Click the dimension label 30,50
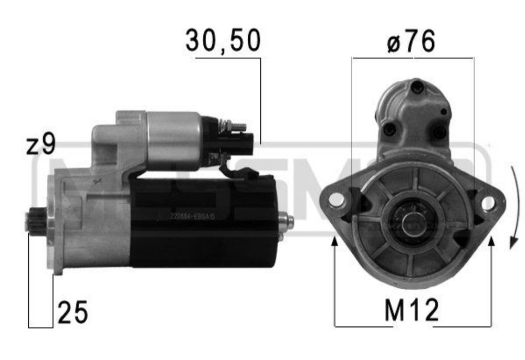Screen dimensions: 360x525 (x=223, y=41)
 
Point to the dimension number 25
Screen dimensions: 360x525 (x=72, y=313)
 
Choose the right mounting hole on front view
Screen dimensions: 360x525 (x=488, y=203)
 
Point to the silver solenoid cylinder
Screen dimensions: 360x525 (x=173, y=141)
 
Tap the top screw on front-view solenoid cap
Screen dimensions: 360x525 (x=417, y=88)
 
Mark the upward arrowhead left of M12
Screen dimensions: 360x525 (x=334, y=241)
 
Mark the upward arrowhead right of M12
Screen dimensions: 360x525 (x=491, y=241)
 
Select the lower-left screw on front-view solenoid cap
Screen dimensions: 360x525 (x=389, y=129)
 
